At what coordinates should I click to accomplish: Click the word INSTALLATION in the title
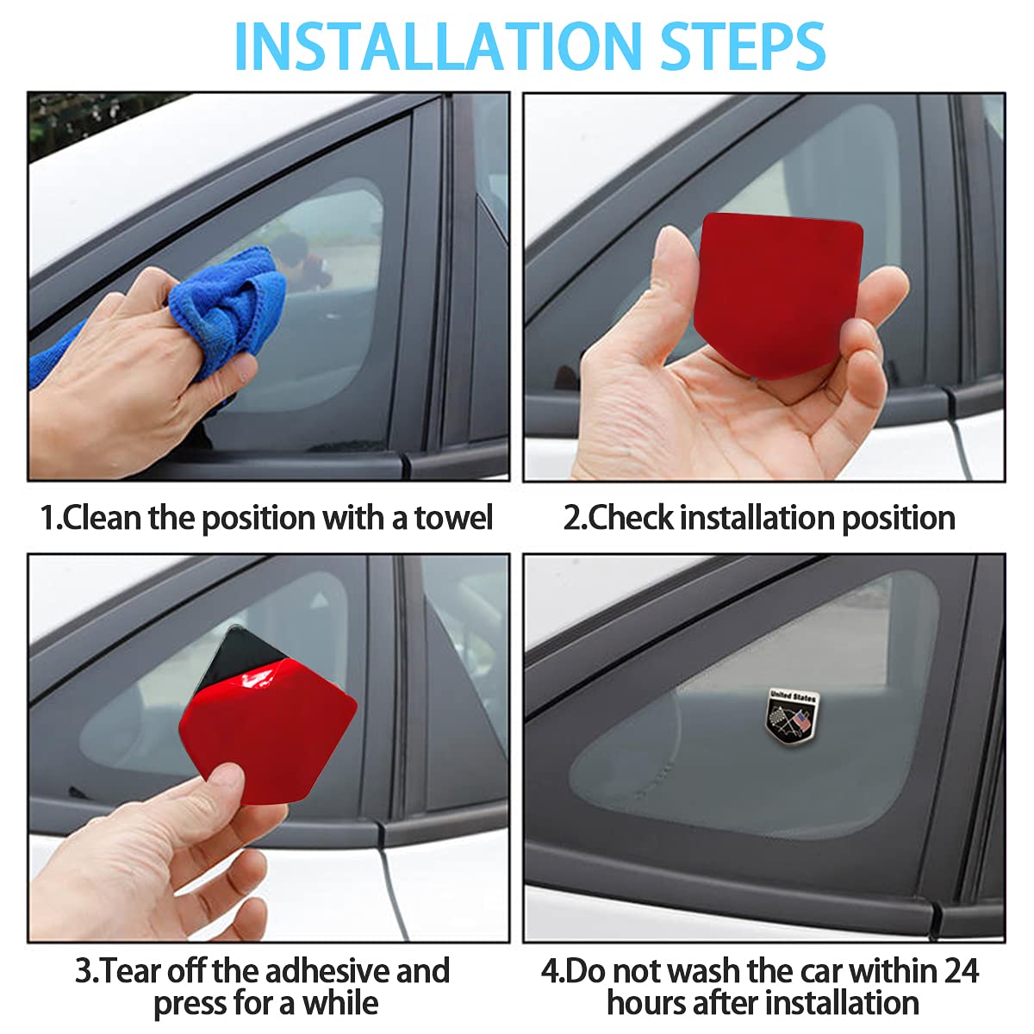point(438,47)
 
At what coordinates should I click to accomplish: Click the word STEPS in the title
point(743,47)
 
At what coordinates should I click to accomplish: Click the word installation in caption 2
point(757,518)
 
